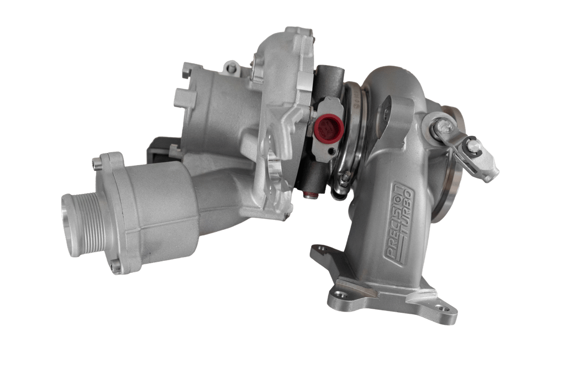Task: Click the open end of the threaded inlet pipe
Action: [x=69, y=225]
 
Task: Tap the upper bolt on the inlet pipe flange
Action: [x=97, y=163]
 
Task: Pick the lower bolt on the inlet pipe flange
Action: [x=117, y=267]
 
